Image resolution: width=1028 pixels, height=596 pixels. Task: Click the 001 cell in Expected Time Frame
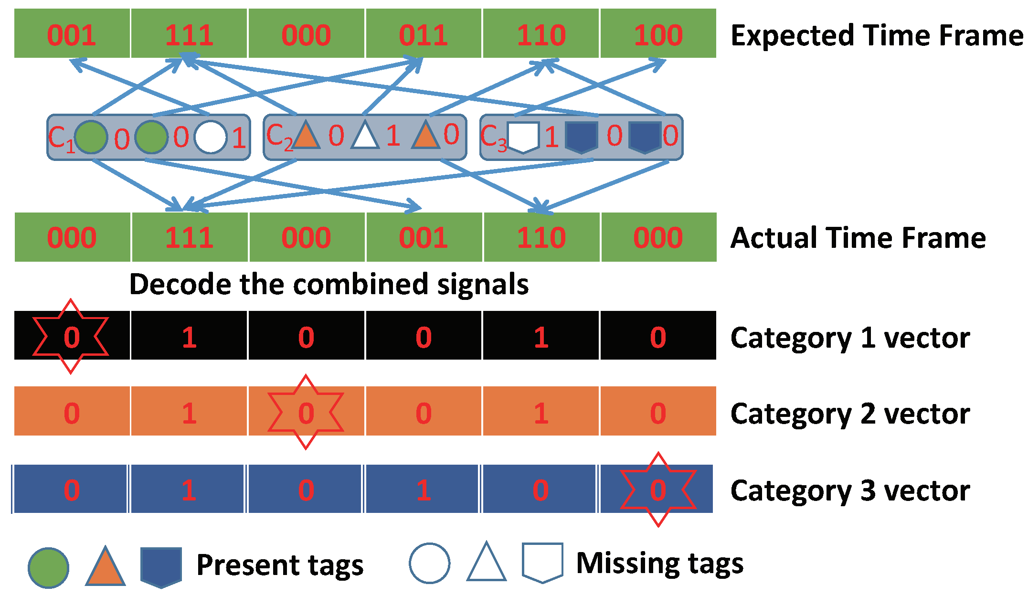coord(72,34)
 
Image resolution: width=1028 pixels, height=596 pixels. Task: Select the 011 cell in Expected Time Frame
coord(423,34)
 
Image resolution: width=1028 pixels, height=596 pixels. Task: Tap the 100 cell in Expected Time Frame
coord(658,34)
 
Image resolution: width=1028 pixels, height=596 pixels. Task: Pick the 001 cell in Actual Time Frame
coord(423,237)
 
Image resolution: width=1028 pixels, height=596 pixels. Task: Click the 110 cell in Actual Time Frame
coord(541,237)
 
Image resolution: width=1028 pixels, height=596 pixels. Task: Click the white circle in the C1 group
coord(211,138)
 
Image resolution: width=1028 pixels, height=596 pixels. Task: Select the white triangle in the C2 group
coord(365,137)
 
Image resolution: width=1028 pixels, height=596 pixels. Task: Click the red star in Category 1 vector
coord(71,336)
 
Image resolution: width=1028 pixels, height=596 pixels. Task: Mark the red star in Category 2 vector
coord(306,412)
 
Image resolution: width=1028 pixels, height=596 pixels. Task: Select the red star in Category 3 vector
coord(658,490)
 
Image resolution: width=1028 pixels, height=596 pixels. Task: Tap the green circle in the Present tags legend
coord(48,568)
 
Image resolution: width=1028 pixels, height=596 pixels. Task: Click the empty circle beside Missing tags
coord(429,563)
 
